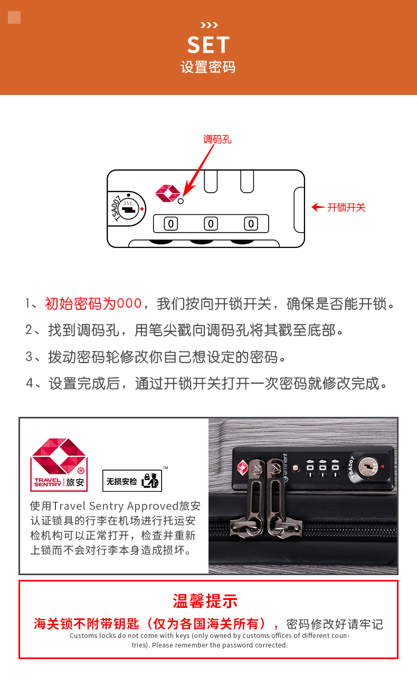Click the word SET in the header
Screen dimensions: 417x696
click(209, 45)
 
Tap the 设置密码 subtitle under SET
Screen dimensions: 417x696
click(208, 67)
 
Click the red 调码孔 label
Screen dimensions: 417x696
click(217, 139)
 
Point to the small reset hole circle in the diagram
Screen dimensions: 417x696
click(181, 201)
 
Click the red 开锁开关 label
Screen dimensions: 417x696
click(346, 207)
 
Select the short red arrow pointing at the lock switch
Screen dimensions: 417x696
click(318, 207)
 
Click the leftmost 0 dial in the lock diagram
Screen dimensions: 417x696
click(171, 224)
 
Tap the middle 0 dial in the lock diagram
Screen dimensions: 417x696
click(211, 224)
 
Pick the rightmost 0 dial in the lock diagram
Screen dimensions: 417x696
click(251, 224)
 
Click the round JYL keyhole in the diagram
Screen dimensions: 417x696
click(128, 208)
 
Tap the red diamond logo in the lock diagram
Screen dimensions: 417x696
click(168, 193)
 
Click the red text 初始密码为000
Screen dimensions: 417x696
click(93, 303)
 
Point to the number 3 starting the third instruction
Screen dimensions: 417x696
click(29, 357)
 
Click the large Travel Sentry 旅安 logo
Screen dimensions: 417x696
click(59, 464)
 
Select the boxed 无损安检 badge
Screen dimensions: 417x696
click(132, 481)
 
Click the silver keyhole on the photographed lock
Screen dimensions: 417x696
click(367, 466)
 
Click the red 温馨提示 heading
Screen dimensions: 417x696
click(205, 601)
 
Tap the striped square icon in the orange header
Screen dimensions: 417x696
click(14, 17)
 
